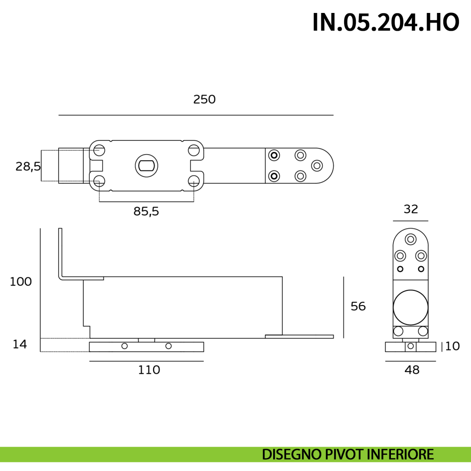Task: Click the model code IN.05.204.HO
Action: click(386, 22)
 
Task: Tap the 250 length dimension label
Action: click(204, 99)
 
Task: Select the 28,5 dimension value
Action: click(28, 167)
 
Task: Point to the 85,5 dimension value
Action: click(146, 211)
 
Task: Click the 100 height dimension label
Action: click(20, 282)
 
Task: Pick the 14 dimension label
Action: click(20, 344)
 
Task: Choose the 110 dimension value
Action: click(149, 370)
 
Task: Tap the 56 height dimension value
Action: click(358, 306)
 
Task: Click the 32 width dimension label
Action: click(411, 209)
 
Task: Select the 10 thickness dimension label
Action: click(453, 346)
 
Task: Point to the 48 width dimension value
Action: click(412, 370)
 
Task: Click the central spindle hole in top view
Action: click(146, 166)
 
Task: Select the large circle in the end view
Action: click(411, 307)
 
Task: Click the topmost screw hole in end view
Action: click(411, 239)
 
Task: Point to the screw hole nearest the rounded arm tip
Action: click(317, 166)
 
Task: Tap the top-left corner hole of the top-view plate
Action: click(99, 150)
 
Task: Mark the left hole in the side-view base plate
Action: click(124, 346)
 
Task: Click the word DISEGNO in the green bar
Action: click(292, 455)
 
